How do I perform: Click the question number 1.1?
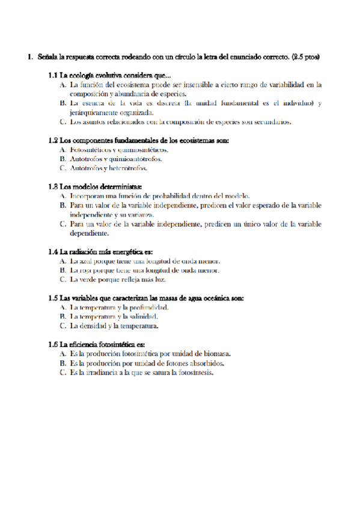52,75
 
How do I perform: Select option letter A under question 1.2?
63,150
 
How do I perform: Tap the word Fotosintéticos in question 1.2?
90,150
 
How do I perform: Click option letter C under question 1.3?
63,224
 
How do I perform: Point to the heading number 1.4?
52,251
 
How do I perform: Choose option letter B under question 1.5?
63,316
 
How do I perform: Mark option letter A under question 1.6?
63,354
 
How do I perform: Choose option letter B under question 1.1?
63,103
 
